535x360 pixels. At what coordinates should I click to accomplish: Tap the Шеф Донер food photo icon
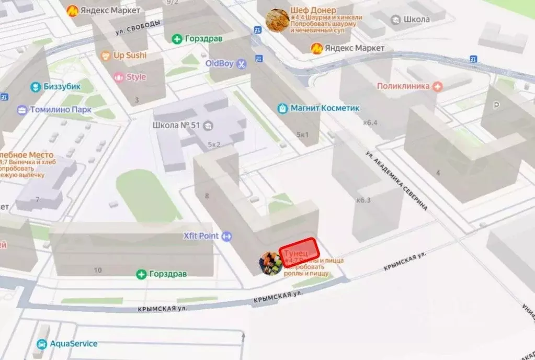[x=277, y=20]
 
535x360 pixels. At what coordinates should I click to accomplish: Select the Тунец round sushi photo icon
[x=271, y=263]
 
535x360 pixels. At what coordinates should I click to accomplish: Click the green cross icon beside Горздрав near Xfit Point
[x=141, y=274]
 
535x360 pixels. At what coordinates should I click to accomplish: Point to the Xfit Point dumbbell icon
[x=226, y=236]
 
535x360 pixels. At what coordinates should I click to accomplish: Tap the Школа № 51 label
[x=177, y=126]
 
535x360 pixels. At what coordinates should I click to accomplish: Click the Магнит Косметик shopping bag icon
[x=283, y=108]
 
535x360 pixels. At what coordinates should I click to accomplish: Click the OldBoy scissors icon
[x=241, y=64]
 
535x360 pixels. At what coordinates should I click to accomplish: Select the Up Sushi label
[x=130, y=55]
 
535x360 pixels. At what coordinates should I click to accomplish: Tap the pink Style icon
[x=119, y=77]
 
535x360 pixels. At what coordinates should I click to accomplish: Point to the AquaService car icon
[x=40, y=344]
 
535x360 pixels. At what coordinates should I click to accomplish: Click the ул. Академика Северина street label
[x=396, y=181]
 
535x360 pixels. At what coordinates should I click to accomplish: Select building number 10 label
[x=97, y=270]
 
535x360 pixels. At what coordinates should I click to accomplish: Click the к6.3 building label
[x=363, y=200]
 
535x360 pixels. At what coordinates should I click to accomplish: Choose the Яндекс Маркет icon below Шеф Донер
[x=316, y=49]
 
